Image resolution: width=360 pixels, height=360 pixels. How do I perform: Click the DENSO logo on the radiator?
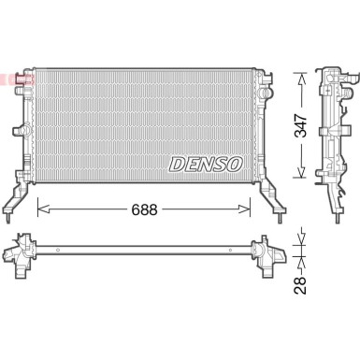206,164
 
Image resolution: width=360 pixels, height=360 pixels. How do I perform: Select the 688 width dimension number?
143,210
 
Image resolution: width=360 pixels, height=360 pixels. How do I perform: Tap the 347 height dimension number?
301,126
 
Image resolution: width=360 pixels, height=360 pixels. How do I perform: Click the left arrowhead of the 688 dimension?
40,210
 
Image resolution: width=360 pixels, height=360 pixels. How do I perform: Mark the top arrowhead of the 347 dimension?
301,76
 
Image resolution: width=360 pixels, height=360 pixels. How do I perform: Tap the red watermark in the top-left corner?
17,80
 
